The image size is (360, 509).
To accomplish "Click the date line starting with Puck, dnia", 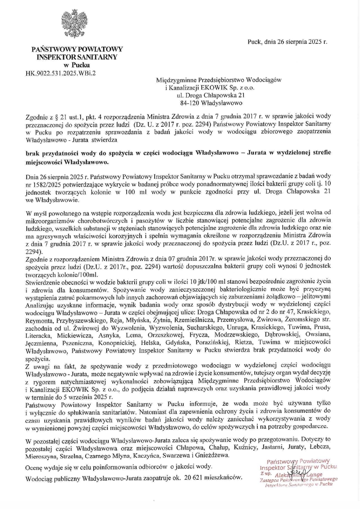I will tap(287, 41).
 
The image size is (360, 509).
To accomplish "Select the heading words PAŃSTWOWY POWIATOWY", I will tap(76, 49).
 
